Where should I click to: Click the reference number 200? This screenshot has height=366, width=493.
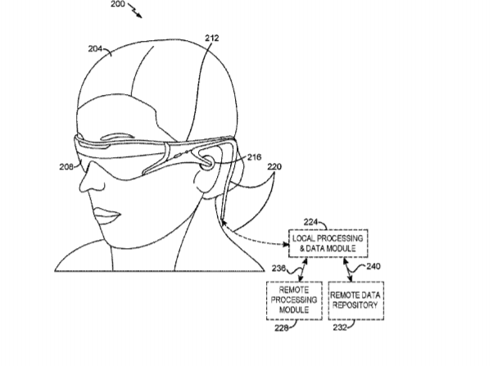(118, 4)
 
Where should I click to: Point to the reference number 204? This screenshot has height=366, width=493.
(95, 49)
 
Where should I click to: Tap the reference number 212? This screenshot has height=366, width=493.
(212, 38)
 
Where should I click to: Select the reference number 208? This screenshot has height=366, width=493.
(66, 167)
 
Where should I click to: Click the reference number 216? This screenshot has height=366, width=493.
(255, 157)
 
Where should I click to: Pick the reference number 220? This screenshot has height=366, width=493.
(274, 167)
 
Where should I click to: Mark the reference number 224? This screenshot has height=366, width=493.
(310, 222)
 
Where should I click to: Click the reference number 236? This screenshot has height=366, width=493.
(279, 269)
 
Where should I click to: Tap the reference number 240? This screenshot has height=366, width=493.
(373, 266)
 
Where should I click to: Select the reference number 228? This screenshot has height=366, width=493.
(282, 328)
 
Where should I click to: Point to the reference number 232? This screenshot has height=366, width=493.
(340, 328)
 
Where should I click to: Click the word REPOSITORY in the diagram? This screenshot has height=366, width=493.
(355, 305)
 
